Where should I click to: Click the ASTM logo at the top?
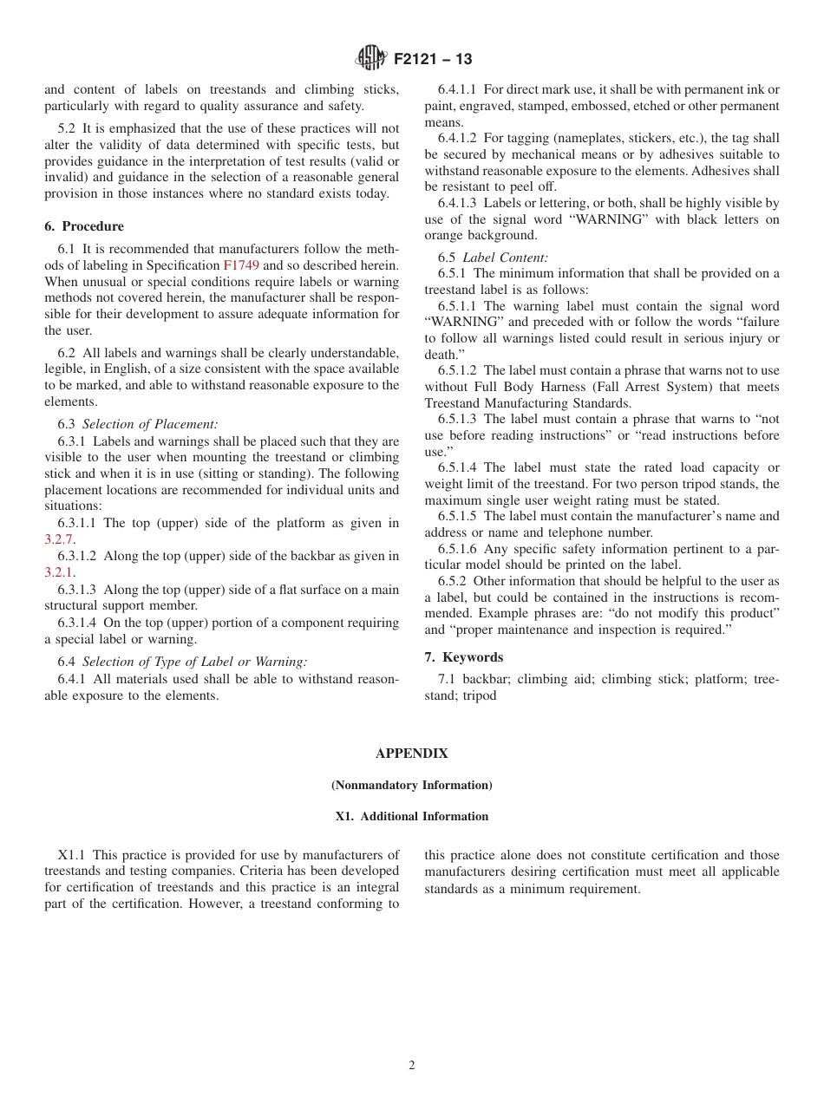(370, 58)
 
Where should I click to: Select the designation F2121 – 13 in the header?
(433, 59)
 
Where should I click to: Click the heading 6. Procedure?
(84, 226)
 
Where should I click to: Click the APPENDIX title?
(412, 754)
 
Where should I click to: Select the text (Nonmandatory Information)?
(412, 785)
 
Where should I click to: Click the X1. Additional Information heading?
(412, 816)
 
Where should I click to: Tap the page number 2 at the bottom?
(412, 1066)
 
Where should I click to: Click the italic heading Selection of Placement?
(150, 424)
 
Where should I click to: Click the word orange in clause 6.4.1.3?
(444, 236)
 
